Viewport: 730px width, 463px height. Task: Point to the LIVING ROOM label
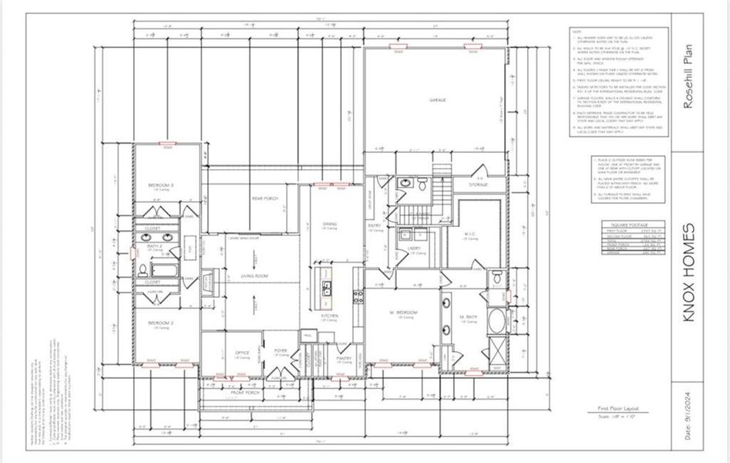[x=254, y=275]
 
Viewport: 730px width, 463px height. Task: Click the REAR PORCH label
[x=264, y=198]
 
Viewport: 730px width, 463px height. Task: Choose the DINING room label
[x=330, y=225]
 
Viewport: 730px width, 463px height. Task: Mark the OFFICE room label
[x=242, y=353]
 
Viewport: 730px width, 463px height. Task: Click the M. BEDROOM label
[x=402, y=313]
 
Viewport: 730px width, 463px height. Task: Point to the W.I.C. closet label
[x=469, y=235]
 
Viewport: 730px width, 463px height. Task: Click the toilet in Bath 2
[x=143, y=269]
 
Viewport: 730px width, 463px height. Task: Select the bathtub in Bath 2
[x=163, y=270]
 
